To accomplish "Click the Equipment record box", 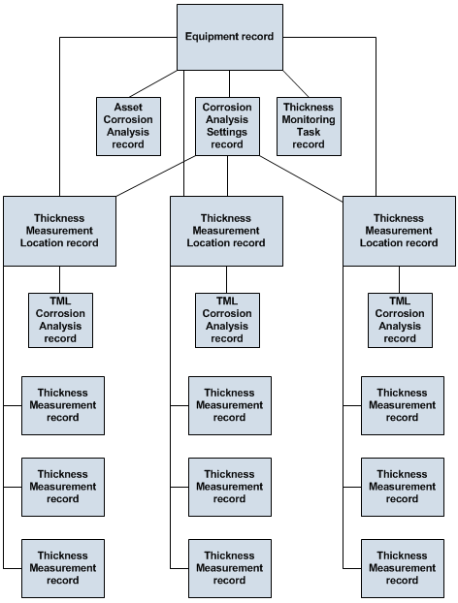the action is (x=230, y=37).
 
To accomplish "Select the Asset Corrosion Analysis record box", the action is (x=128, y=126).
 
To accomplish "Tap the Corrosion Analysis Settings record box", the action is (x=227, y=126).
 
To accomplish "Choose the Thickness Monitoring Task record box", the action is (x=309, y=126).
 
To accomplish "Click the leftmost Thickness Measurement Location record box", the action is (x=59, y=231).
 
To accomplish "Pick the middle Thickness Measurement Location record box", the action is (x=226, y=231).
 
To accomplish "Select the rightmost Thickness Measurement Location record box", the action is (x=399, y=231).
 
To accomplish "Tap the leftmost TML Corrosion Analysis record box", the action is (x=60, y=320).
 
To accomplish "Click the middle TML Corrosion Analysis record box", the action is (x=227, y=320).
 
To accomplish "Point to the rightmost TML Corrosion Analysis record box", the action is (x=400, y=320).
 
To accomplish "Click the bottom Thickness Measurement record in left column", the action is (x=63, y=568).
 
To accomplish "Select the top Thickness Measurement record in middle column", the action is (x=229, y=405).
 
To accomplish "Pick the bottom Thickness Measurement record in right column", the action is (x=402, y=568).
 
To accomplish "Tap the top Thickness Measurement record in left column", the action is (x=63, y=405).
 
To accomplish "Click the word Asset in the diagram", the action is (x=128, y=107).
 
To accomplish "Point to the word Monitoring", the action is (x=309, y=119).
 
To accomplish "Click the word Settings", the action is (x=227, y=132).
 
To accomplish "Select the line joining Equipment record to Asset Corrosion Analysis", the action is (x=153, y=83).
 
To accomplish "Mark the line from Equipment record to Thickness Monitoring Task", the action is (x=296, y=83).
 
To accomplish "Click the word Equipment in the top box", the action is (x=212, y=37).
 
